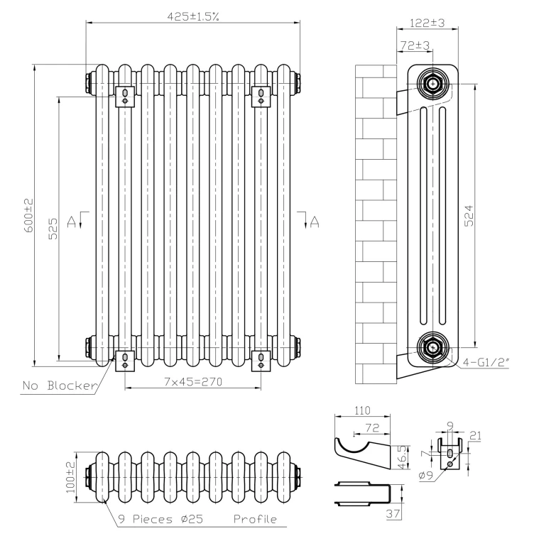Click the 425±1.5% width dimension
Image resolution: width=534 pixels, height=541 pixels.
(x=192, y=16)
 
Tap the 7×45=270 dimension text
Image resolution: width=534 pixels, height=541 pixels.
(x=193, y=382)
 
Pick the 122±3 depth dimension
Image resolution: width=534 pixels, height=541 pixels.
(x=427, y=23)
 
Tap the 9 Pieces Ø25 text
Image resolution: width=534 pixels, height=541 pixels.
(x=165, y=520)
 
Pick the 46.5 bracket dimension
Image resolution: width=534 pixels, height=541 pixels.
(x=402, y=454)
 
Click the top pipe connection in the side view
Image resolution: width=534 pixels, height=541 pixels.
(x=432, y=82)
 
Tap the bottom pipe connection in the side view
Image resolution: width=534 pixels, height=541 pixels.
(x=432, y=348)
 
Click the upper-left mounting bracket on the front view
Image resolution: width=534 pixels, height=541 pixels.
(x=125, y=95)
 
